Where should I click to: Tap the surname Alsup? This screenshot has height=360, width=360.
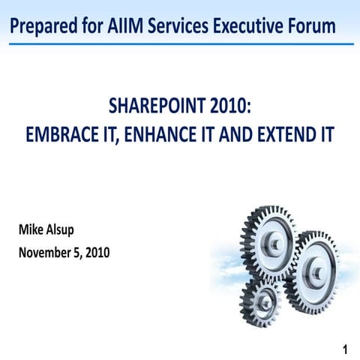click(63, 229)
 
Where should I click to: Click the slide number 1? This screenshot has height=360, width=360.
click(344, 349)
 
